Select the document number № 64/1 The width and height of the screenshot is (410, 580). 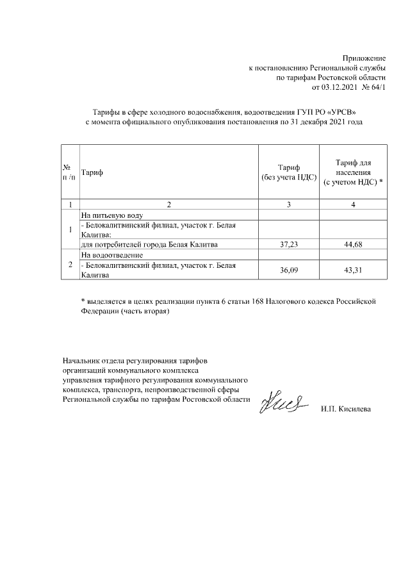coord(374,87)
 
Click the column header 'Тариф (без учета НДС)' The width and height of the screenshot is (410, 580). coord(289,172)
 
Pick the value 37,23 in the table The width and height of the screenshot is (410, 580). coord(289,244)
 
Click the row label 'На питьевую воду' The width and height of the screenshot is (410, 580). coord(111,215)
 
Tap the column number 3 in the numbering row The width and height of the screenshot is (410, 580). coord(289,204)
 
